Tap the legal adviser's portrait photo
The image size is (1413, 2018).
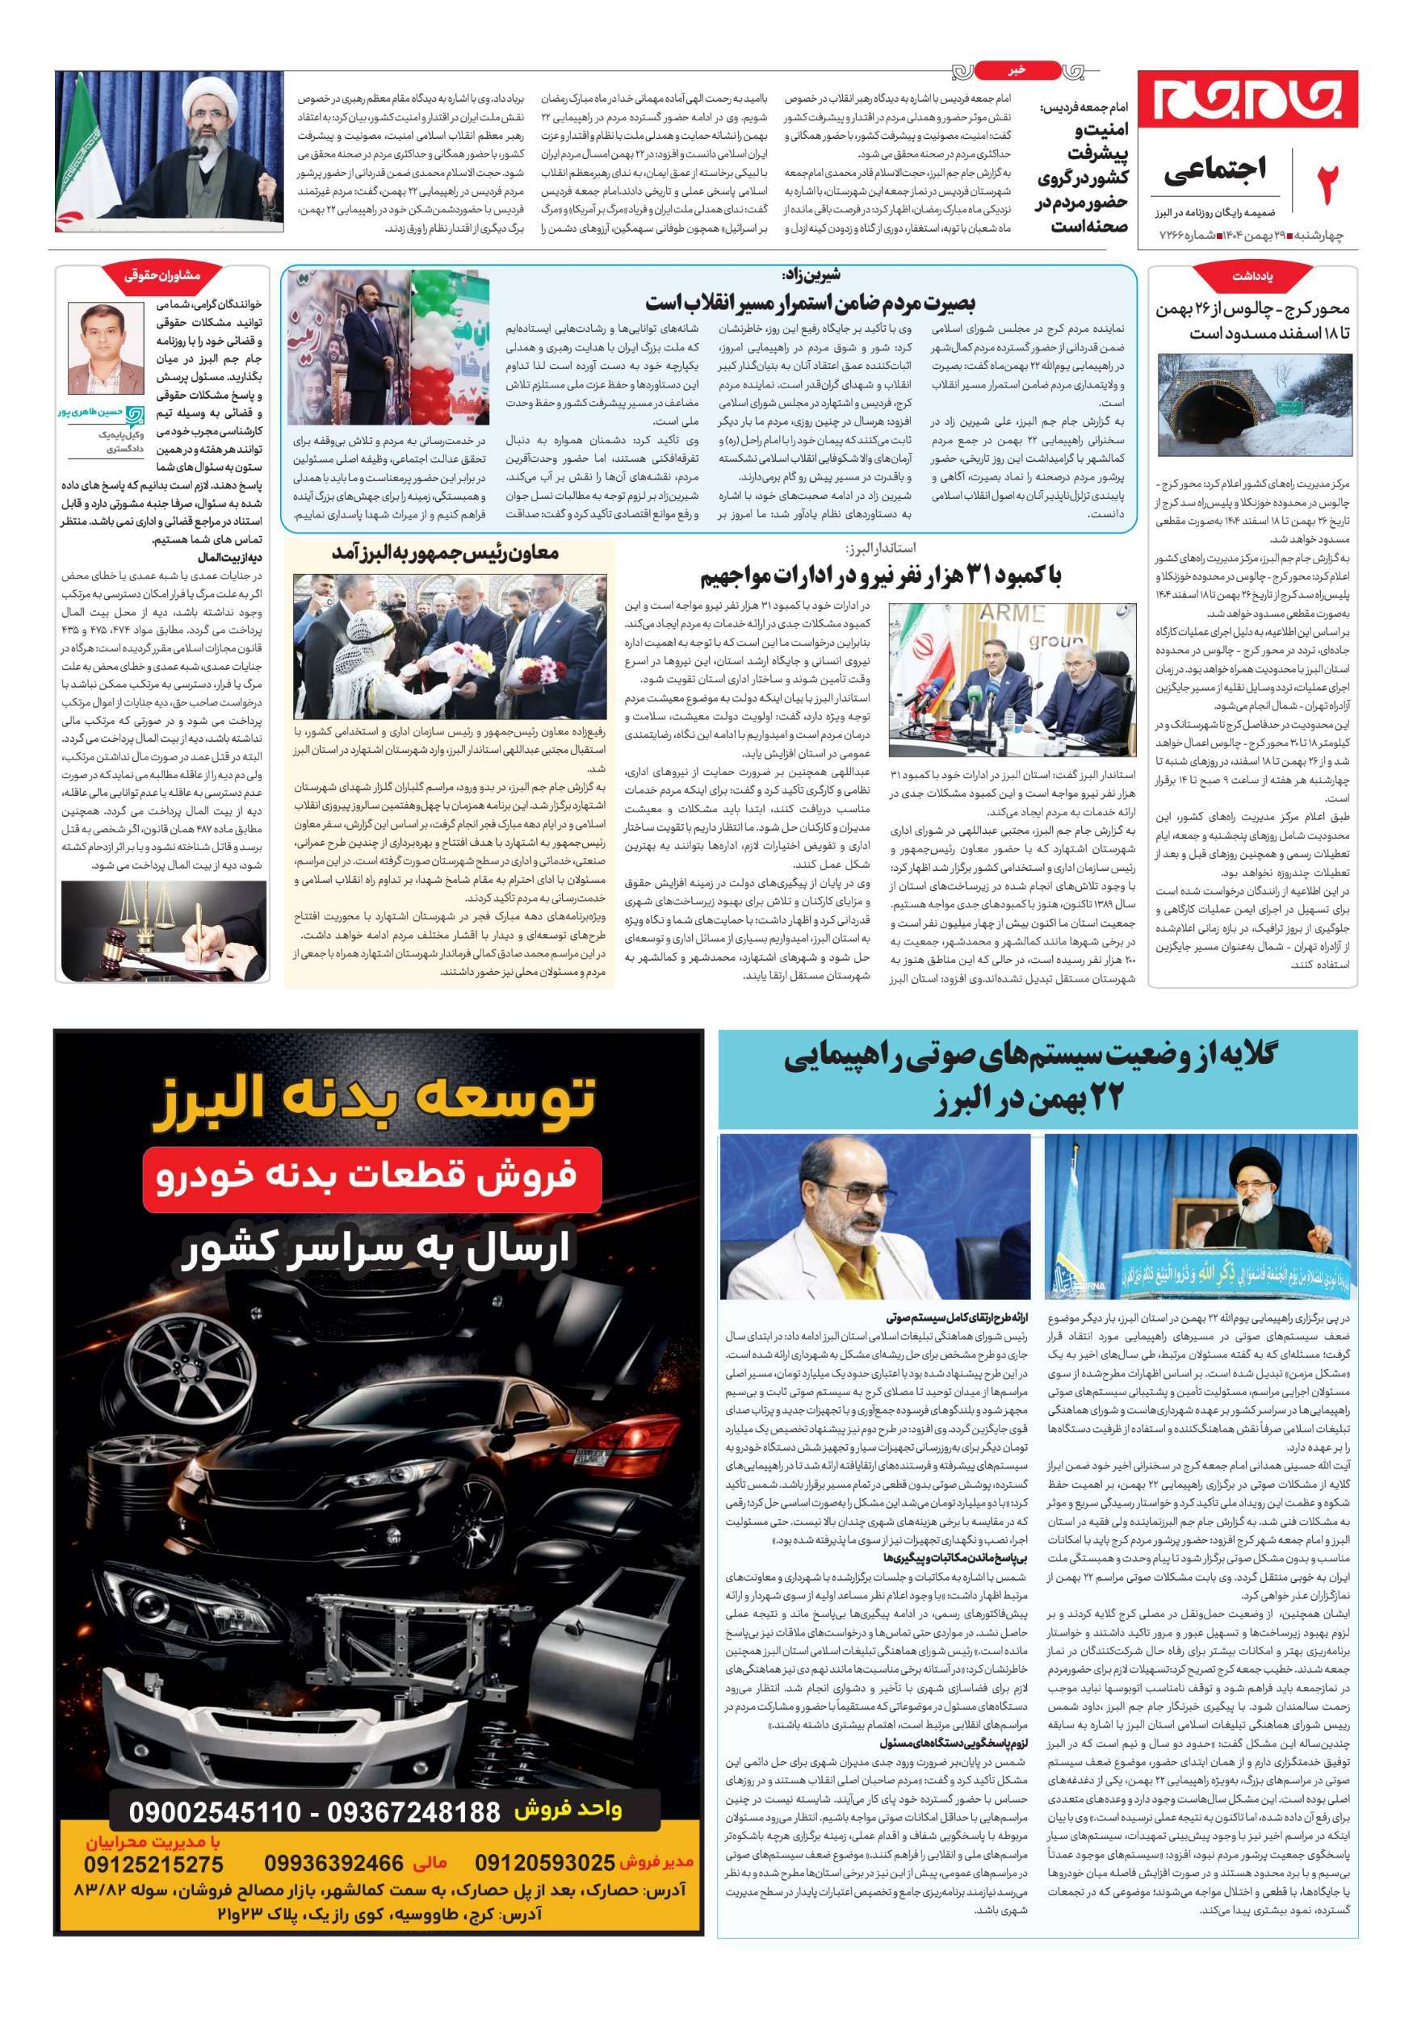[x=107, y=348]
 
